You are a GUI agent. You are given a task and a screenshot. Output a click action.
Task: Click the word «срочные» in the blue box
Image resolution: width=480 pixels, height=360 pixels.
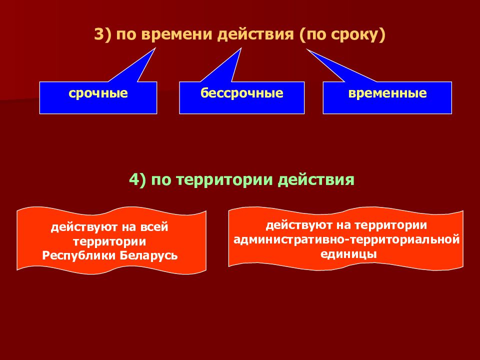tap(98, 93)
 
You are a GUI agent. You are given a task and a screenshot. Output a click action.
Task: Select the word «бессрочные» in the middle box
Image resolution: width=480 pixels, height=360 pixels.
tap(242, 93)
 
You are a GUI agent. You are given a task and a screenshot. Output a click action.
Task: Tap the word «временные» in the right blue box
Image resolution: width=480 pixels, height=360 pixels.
tap(388, 93)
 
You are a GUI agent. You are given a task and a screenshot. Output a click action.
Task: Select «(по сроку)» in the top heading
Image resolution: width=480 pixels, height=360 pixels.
tap(343, 36)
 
